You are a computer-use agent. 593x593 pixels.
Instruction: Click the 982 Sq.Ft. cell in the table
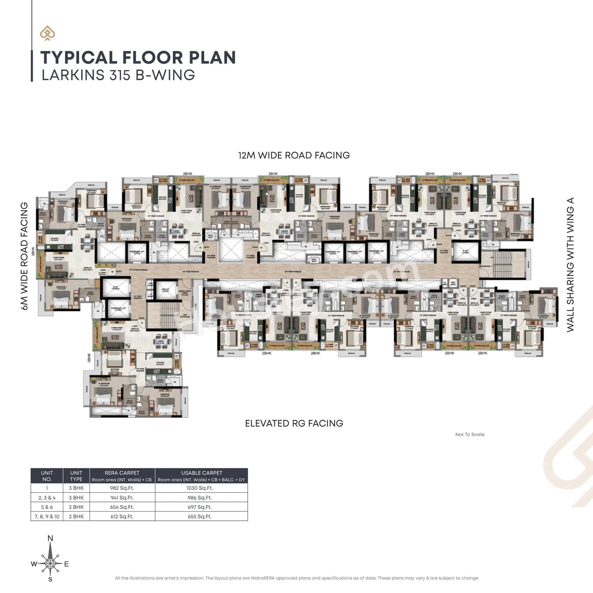pos(122,488)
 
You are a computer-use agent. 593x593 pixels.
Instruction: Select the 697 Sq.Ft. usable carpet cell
pos(199,507)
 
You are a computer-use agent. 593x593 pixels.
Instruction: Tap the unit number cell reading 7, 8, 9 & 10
pos(47,516)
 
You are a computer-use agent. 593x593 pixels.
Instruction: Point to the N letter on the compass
pos(50,538)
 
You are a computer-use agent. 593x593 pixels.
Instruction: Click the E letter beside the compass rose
pos(66,564)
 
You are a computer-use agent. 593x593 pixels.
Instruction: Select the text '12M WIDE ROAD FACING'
pos(294,155)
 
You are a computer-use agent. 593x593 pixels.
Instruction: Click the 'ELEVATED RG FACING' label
pos(294,423)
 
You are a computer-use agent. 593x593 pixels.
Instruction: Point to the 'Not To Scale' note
pos(470,434)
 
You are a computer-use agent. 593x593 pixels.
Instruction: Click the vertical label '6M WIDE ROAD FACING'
pos(24,256)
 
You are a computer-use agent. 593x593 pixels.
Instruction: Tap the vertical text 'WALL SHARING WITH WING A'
pos(570,265)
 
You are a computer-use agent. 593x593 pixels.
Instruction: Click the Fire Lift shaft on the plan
pos(165,290)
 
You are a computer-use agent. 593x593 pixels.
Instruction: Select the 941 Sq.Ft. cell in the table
pos(122,498)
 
